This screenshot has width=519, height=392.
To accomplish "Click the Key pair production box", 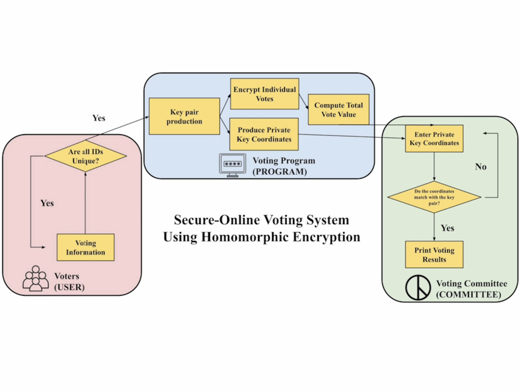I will [x=184, y=116].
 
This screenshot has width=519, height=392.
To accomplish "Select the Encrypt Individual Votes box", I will [x=265, y=94].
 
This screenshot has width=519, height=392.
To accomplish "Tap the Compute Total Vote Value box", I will [x=338, y=110].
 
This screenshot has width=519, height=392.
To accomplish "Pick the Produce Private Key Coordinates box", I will [x=264, y=134].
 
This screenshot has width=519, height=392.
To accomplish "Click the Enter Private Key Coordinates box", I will [x=434, y=139].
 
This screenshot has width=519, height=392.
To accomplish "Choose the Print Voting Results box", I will [x=434, y=255].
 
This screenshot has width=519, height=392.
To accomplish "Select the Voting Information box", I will [x=85, y=248].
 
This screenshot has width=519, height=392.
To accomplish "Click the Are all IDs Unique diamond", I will [x=85, y=156].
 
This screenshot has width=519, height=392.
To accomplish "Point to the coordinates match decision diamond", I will [x=434, y=197].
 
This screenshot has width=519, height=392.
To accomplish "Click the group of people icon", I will [x=36, y=279].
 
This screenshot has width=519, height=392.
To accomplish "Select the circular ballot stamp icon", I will [x=418, y=288].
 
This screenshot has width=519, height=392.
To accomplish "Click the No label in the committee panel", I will [x=481, y=166].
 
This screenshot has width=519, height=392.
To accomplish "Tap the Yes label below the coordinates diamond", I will [x=447, y=228].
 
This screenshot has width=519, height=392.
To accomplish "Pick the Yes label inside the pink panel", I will [x=47, y=203].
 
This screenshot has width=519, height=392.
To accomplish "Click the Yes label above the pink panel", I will [x=99, y=118].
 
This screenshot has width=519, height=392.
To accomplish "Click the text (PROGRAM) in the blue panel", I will [x=280, y=172].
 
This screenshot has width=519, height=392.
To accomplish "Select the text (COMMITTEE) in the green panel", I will [x=468, y=294].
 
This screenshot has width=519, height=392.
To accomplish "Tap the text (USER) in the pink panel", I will [x=69, y=287].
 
